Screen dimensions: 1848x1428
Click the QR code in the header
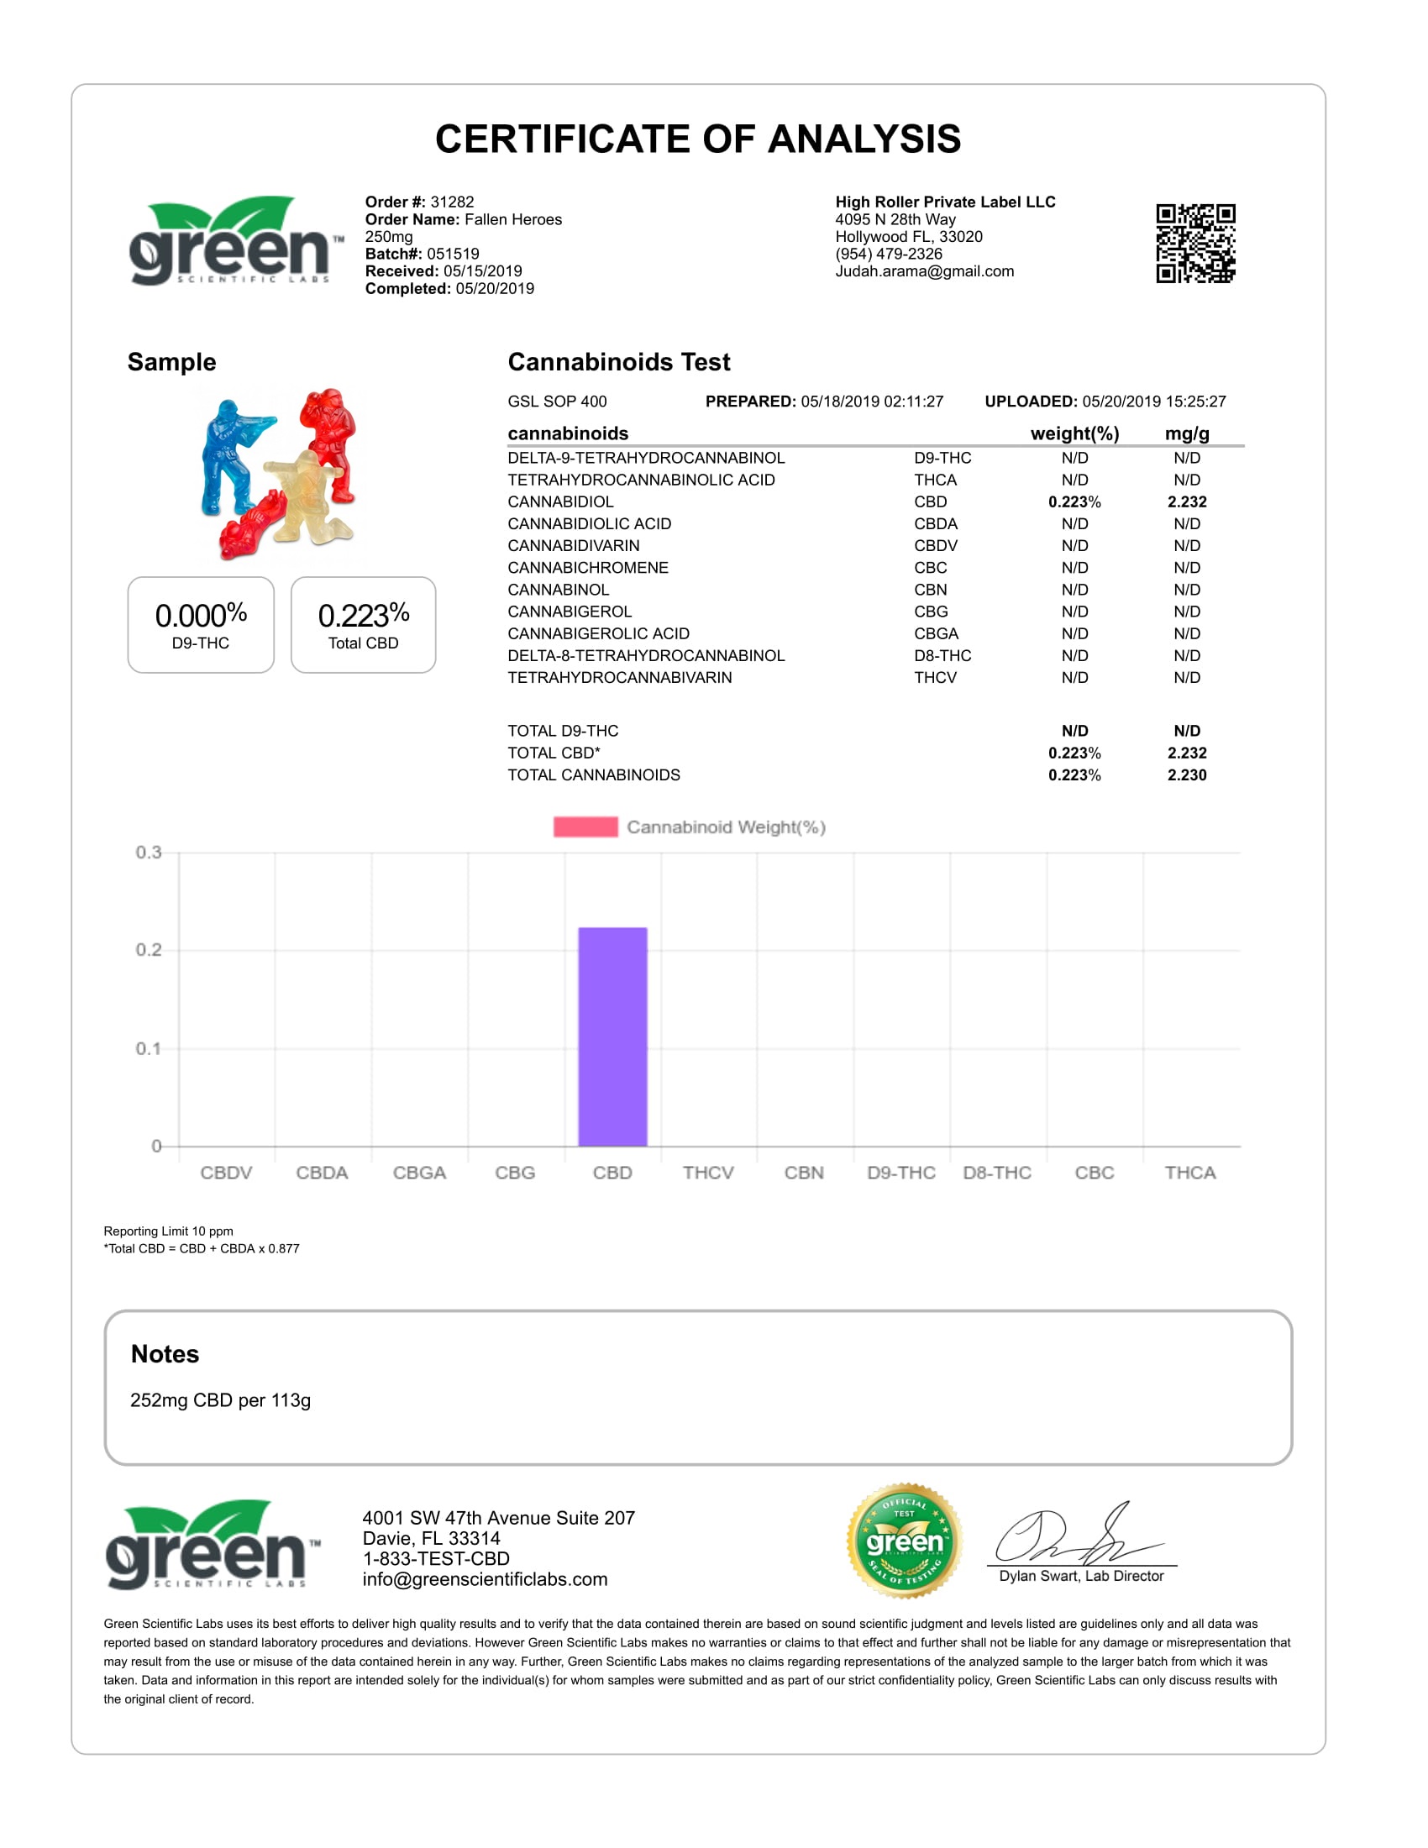(x=1195, y=243)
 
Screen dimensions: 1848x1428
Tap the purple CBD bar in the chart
(x=612, y=1037)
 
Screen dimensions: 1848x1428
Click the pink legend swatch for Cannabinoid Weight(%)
(x=585, y=827)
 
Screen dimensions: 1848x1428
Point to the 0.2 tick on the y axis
(x=149, y=949)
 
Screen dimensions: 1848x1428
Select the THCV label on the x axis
(x=708, y=1173)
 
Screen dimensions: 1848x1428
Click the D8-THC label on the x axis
(x=996, y=1173)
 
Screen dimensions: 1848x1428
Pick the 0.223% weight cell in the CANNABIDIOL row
(x=1074, y=501)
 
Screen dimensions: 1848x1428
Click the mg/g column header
(x=1187, y=433)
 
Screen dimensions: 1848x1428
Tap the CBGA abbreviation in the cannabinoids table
(x=936, y=633)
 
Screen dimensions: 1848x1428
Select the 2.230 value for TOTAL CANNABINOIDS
(x=1187, y=775)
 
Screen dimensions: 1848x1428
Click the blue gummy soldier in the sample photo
(x=230, y=457)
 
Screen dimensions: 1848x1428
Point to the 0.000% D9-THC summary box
(x=201, y=625)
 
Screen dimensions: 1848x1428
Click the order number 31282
(x=452, y=202)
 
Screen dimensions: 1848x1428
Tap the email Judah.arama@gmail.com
(x=925, y=271)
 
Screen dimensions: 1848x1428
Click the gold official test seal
(x=905, y=1541)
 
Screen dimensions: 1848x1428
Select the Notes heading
(x=165, y=1354)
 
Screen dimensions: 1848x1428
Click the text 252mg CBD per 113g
(x=221, y=1400)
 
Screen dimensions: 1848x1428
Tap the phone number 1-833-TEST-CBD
(x=436, y=1558)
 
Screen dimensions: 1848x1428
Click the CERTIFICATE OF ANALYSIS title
(x=698, y=139)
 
